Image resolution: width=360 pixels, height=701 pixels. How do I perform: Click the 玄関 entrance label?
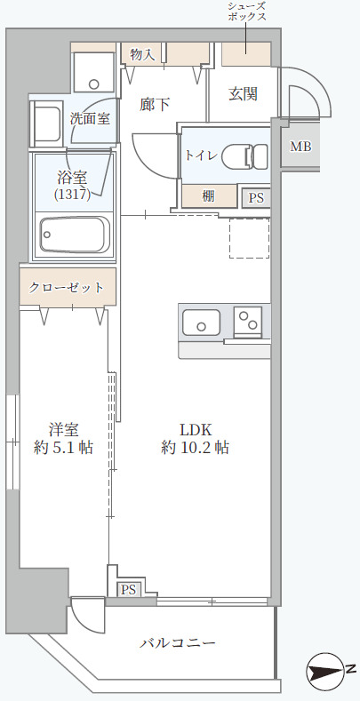click(x=243, y=93)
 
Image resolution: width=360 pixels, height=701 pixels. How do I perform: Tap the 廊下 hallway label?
click(x=156, y=104)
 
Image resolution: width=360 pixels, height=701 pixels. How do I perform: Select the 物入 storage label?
click(x=142, y=55)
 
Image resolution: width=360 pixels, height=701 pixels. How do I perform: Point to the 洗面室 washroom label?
click(x=90, y=118)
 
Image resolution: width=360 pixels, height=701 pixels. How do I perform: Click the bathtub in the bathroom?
click(x=74, y=237)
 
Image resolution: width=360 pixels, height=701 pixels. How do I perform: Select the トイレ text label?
click(x=200, y=155)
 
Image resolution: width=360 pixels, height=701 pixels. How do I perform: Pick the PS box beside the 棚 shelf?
click(x=256, y=198)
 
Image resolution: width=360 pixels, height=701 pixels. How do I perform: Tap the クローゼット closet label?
click(x=67, y=288)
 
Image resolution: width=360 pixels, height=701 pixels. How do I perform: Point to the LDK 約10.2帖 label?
click(x=195, y=439)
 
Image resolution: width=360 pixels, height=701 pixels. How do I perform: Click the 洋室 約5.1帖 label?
click(x=63, y=439)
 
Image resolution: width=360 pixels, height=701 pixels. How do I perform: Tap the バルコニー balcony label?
click(x=179, y=643)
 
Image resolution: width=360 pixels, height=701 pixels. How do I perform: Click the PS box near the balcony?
click(x=127, y=589)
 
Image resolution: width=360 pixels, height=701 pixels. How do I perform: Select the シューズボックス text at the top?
click(x=247, y=12)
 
